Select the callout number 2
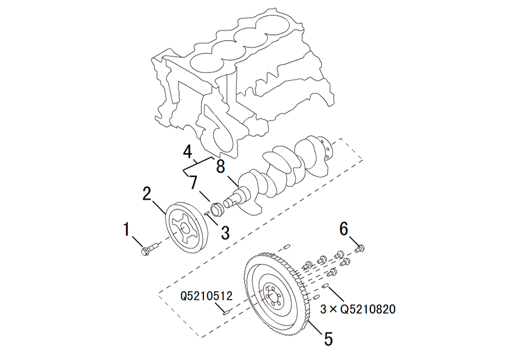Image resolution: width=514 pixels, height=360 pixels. pyautogui.click(x=147, y=194)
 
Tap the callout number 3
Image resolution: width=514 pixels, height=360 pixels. pyautogui.click(x=225, y=232)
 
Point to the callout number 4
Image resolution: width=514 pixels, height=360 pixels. pyautogui.click(x=187, y=152)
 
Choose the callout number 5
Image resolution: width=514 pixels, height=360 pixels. pyautogui.click(x=327, y=338)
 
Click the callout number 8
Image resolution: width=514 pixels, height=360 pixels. pyautogui.click(x=221, y=166)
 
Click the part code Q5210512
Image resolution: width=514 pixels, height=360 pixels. pyautogui.click(x=207, y=296)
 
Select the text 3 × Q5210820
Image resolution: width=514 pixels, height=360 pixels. pyautogui.click(x=358, y=310)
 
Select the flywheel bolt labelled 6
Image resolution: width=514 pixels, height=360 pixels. pyautogui.click(x=359, y=249)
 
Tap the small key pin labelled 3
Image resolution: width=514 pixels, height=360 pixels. pyautogui.click(x=208, y=210)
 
